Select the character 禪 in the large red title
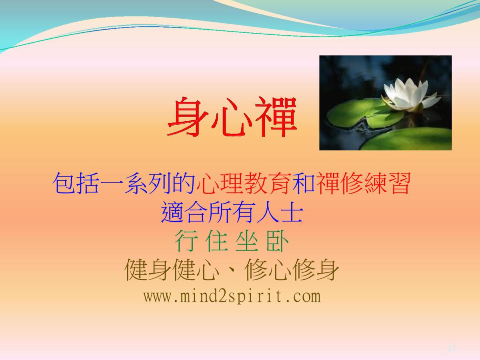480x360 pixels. tap(276, 117)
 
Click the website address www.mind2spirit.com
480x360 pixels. tap(232, 297)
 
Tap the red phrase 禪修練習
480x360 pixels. tap(363, 183)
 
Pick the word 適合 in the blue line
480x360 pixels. tap(184, 212)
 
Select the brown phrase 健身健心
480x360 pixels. tap(172, 270)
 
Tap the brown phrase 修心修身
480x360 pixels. tap(292, 270)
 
